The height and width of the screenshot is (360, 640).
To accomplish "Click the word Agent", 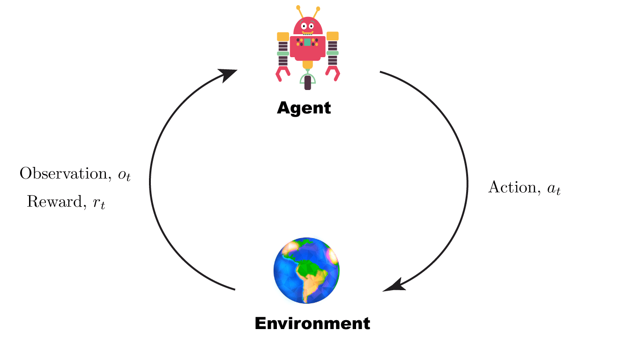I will pos(304,108).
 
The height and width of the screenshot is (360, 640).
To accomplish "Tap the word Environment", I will pos(312,323).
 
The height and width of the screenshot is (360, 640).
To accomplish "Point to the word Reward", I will pos(54,202).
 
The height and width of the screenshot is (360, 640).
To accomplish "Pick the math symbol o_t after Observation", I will pos(124,175).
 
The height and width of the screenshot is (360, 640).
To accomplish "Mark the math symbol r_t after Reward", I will pos(99,203).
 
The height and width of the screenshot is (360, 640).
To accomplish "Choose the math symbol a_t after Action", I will pos(554,189).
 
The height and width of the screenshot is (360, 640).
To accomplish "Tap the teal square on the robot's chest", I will pos(307,43).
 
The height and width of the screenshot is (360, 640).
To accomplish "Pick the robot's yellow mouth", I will pos(307,33).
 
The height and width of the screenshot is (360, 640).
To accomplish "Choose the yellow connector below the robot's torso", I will pos(307,64).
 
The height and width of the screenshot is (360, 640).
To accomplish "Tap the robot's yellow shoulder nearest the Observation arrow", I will pos(283,36).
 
